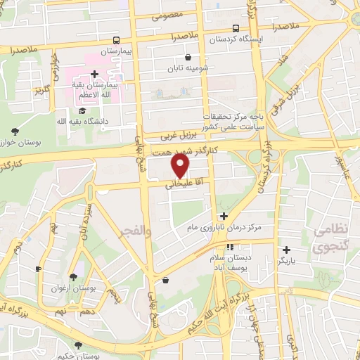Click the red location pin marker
click(x=181, y=166)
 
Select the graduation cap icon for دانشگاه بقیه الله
click(x=82, y=110)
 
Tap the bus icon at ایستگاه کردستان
click(x=235, y=29)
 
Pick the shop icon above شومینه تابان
click(x=188, y=58)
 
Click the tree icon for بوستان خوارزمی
click(x=15, y=131)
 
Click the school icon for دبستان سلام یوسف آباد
click(x=230, y=247)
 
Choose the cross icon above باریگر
click(x=286, y=249)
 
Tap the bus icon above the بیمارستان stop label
click(x=116, y=40)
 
